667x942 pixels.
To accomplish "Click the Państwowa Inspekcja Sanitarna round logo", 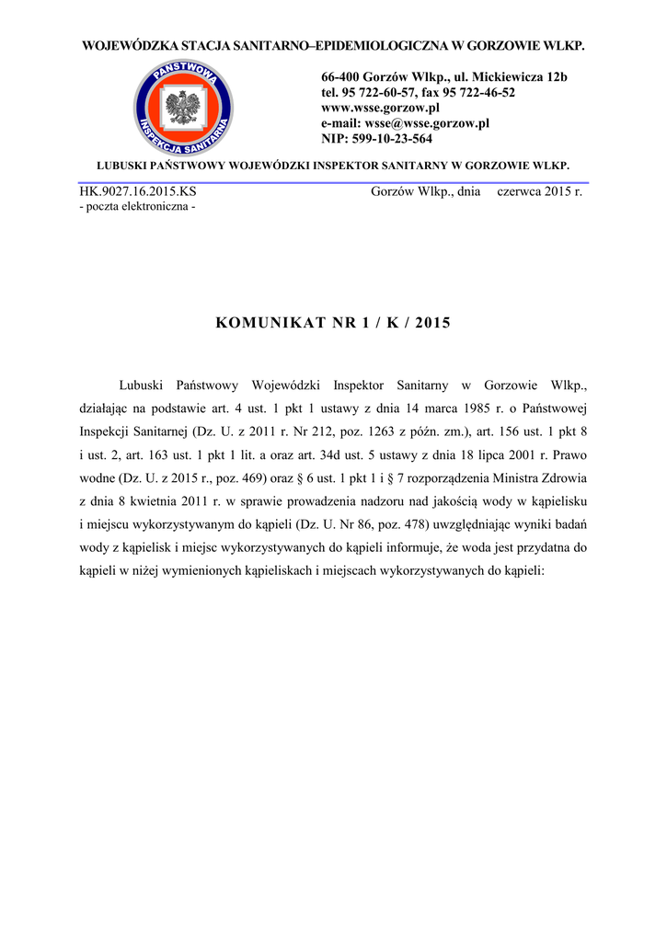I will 183,107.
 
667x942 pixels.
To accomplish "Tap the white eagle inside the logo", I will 183,108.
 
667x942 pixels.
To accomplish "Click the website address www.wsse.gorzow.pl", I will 375,108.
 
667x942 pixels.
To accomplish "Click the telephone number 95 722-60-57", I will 378,93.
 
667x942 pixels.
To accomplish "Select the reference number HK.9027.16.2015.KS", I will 138,192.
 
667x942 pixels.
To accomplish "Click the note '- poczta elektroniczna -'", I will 138,207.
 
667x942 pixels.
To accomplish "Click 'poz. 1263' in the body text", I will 363,431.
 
